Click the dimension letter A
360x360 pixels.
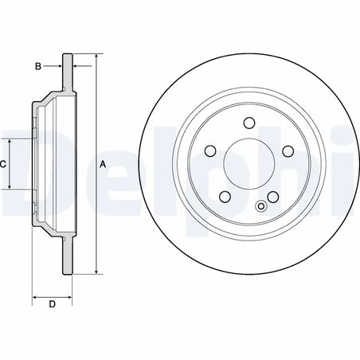103,164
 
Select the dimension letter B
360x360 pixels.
38,66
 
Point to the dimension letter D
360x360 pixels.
52,304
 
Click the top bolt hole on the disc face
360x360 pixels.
249,123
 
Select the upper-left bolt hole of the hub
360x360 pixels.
211,151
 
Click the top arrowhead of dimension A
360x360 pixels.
96,58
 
